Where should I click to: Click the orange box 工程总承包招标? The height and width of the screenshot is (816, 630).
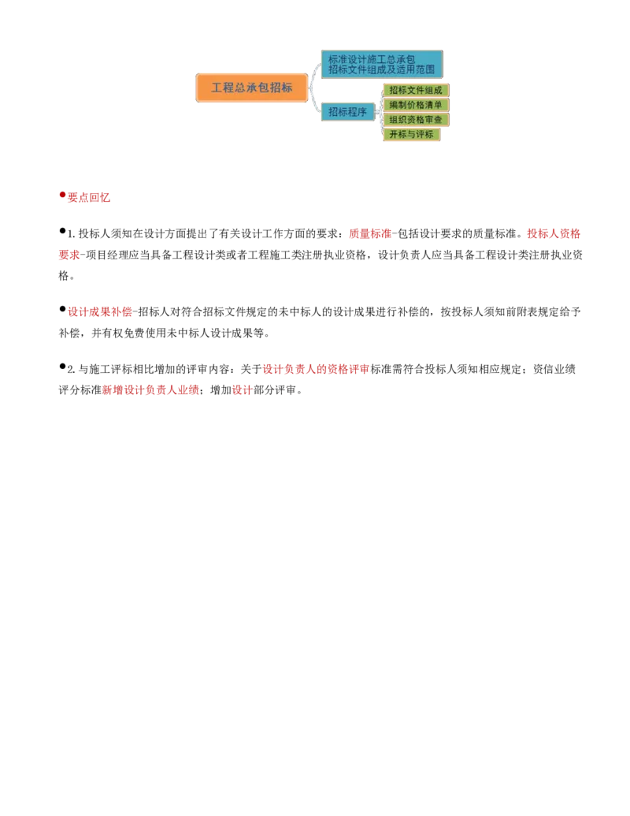251,88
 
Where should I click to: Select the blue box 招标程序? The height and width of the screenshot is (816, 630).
348,112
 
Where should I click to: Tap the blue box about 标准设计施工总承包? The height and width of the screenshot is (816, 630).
382,64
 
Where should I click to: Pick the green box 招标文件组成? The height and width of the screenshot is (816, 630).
416,90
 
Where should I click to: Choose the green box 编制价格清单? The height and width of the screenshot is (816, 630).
416,105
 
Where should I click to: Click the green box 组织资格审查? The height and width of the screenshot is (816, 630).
416,119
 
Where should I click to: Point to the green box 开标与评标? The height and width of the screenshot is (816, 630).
412,134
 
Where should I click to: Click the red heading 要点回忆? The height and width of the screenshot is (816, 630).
89,197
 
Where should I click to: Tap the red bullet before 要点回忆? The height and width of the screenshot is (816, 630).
62,195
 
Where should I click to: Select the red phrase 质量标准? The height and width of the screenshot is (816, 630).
369,233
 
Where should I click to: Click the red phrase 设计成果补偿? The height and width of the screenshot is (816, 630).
99,311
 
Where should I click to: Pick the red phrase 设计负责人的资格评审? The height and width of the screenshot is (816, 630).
316,369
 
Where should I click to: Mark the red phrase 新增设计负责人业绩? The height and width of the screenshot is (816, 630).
150,389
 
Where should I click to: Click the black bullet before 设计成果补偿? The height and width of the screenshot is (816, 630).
62,309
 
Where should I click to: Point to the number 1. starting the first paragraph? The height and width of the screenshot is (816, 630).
71,234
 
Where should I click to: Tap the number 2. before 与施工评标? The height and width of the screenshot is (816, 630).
71,370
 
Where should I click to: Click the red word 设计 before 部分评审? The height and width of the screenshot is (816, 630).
243,389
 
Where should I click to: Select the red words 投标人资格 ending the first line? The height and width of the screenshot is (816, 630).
554,233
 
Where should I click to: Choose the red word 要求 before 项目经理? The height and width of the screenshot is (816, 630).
69,255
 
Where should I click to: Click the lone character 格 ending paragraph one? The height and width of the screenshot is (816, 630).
64,275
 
